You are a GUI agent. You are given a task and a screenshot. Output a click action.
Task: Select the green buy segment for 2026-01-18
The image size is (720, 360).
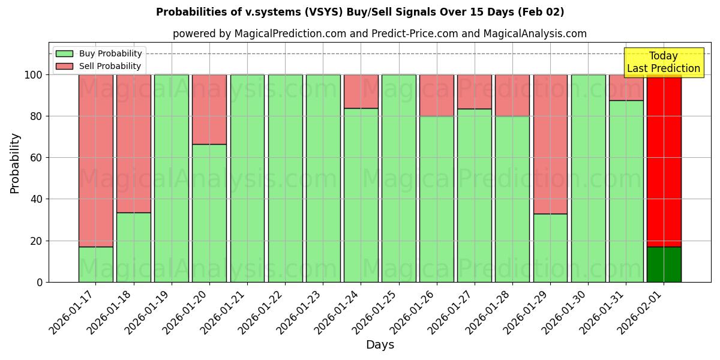pyautogui.click(x=134, y=247)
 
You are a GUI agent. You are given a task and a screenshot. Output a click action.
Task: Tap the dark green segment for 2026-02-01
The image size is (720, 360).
pyautogui.click(x=664, y=264)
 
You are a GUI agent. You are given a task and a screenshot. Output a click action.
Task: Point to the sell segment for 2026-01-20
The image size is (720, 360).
pyautogui.click(x=209, y=109)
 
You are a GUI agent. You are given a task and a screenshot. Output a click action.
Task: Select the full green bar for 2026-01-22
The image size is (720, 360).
pyautogui.click(x=285, y=178)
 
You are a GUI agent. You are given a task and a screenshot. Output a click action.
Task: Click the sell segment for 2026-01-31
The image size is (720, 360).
pyautogui.click(x=626, y=88)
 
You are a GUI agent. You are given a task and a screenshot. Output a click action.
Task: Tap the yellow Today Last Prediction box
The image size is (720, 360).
pyautogui.click(x=663, y=62)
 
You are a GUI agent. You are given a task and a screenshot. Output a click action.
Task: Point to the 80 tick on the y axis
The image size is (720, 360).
pyautogui.click(x=40, y=116)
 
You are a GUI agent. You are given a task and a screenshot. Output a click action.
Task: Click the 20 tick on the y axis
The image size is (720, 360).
pyautogui.click(x=40, y=241)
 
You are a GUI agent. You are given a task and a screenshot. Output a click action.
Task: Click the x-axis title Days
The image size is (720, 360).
pyautogui.click(x=380, y=345)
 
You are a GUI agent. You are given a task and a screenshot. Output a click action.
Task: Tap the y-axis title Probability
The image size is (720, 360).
pyautogui.click(x=15, y=163)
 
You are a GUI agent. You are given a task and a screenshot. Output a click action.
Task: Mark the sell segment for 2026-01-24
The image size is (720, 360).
pyautogui.click(x=361, y=91)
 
